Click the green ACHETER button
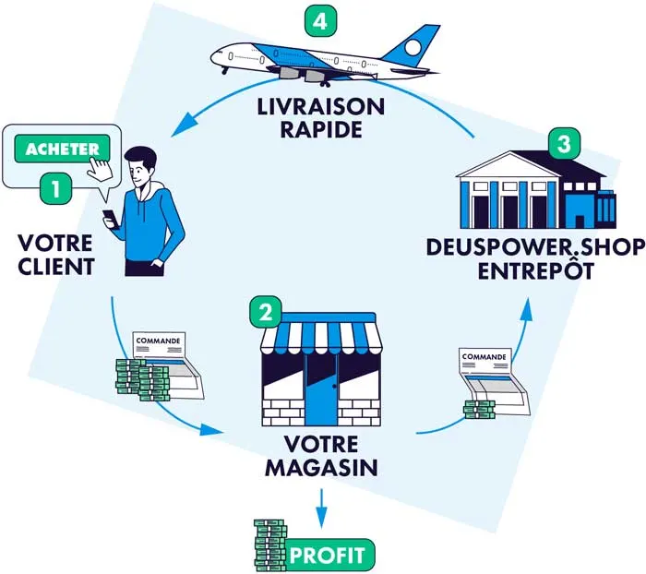[x=62, y=149]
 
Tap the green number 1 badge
[x=55, y=190]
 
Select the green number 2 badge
[x=265, y=312]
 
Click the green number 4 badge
[x=320, y=20]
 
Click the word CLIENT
[x=54, y=269]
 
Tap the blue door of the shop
[x=321, y=392]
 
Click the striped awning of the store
[x=320, y=336]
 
